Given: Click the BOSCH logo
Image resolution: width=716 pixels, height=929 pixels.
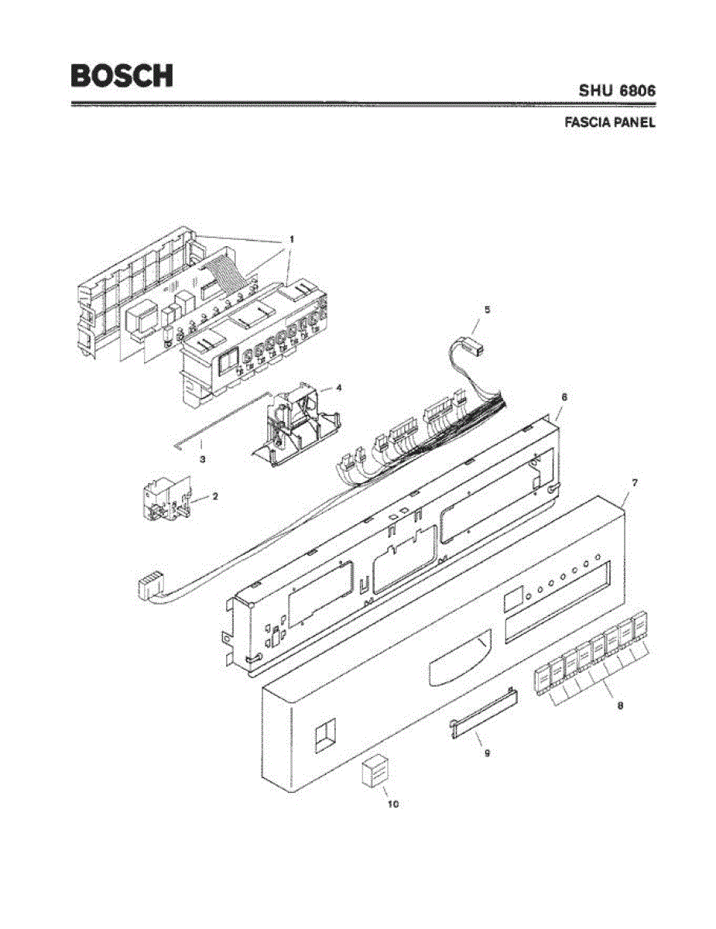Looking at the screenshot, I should pyautogui.click(x=122, y=76).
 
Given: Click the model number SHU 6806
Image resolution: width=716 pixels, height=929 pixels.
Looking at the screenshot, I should pyautogui.click(x=617, y=91).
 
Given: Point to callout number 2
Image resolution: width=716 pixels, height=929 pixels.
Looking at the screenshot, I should pyautogui.click(x=215, y=495).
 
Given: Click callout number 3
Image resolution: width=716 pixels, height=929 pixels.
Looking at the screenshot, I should pyautogui.click(x=202, y=459).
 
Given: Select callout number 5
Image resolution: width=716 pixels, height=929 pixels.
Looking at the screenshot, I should pyautogui.click(x=487, y=309).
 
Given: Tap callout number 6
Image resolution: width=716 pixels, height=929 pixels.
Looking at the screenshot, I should pyautogui.click(x=564, y=396).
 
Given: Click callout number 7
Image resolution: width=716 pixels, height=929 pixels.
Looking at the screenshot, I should pyautogui.click(x=634, y=482).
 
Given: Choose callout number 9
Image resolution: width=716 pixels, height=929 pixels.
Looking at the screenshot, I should pyautogui.click(x=487, y=752).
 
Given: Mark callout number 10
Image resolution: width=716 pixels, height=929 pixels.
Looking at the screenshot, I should pyautogui.click(x=392, y=804).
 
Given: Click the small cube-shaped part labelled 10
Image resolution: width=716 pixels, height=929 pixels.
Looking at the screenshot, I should pyautogui.click(x=375, y=772).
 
